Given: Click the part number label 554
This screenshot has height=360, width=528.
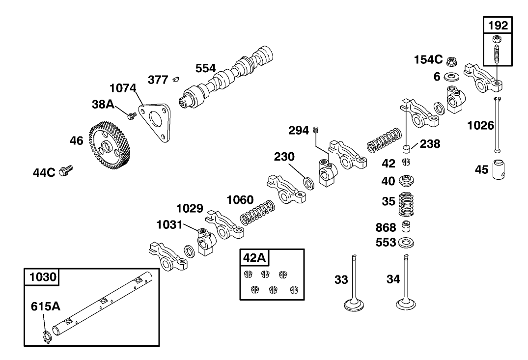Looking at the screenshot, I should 206,68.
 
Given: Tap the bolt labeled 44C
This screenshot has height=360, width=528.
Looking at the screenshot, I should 65,171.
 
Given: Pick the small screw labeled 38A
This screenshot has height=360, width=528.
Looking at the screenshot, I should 132,116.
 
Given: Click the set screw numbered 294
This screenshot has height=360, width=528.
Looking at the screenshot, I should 317,130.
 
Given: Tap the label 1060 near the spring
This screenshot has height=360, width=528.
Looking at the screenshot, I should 240,200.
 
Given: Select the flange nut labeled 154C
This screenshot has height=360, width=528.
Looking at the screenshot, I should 451,60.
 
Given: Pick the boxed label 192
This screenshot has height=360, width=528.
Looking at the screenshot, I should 497,26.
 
